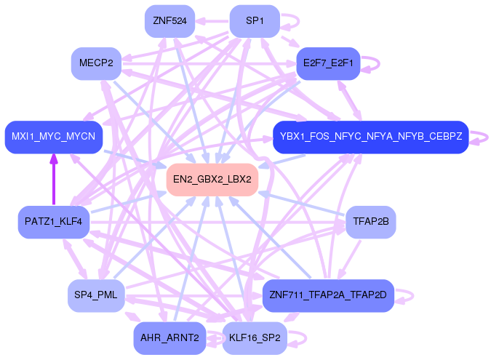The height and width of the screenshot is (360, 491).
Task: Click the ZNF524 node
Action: [x=169, y=21]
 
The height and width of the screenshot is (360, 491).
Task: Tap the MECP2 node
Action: [x=96, y=63]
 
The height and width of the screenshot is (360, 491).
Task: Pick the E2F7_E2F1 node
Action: [x=329, y=63]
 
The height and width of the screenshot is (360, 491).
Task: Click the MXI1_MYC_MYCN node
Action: [x=53, y=137]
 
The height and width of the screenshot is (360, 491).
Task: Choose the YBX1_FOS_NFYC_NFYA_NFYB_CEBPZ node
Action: [x=370, y=137]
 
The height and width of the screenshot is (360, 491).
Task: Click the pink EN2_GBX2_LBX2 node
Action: [x=212, y=179]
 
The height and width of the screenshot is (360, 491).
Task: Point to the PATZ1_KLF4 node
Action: [x=53, y=221]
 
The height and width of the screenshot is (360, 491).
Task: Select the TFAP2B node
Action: [x=370, y=221]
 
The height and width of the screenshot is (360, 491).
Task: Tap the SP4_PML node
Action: [x=96, y=295]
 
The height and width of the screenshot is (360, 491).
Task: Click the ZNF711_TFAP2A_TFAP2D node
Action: [x=327, y=295]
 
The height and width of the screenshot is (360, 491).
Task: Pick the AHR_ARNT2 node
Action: [x=169, y=338]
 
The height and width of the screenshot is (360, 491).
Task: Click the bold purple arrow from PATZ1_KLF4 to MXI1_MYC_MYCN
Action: [x=53, y=179]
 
